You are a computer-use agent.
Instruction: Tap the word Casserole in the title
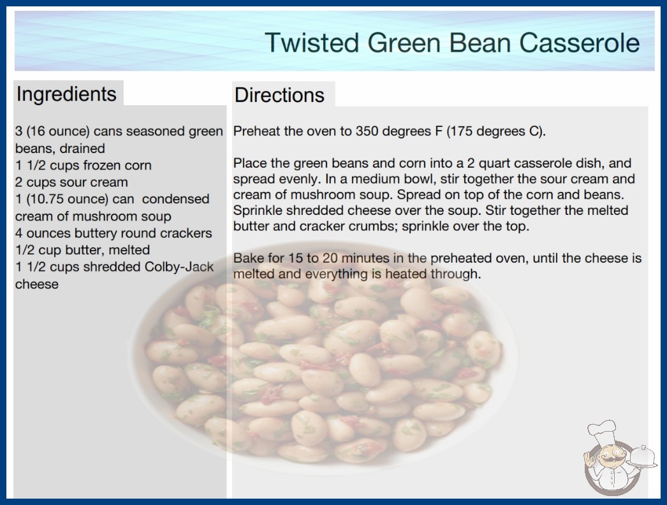(580, 43)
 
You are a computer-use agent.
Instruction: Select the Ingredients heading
(66, 94)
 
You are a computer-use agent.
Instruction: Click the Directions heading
(279, 95)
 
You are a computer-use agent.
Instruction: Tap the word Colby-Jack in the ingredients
(179, 267)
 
